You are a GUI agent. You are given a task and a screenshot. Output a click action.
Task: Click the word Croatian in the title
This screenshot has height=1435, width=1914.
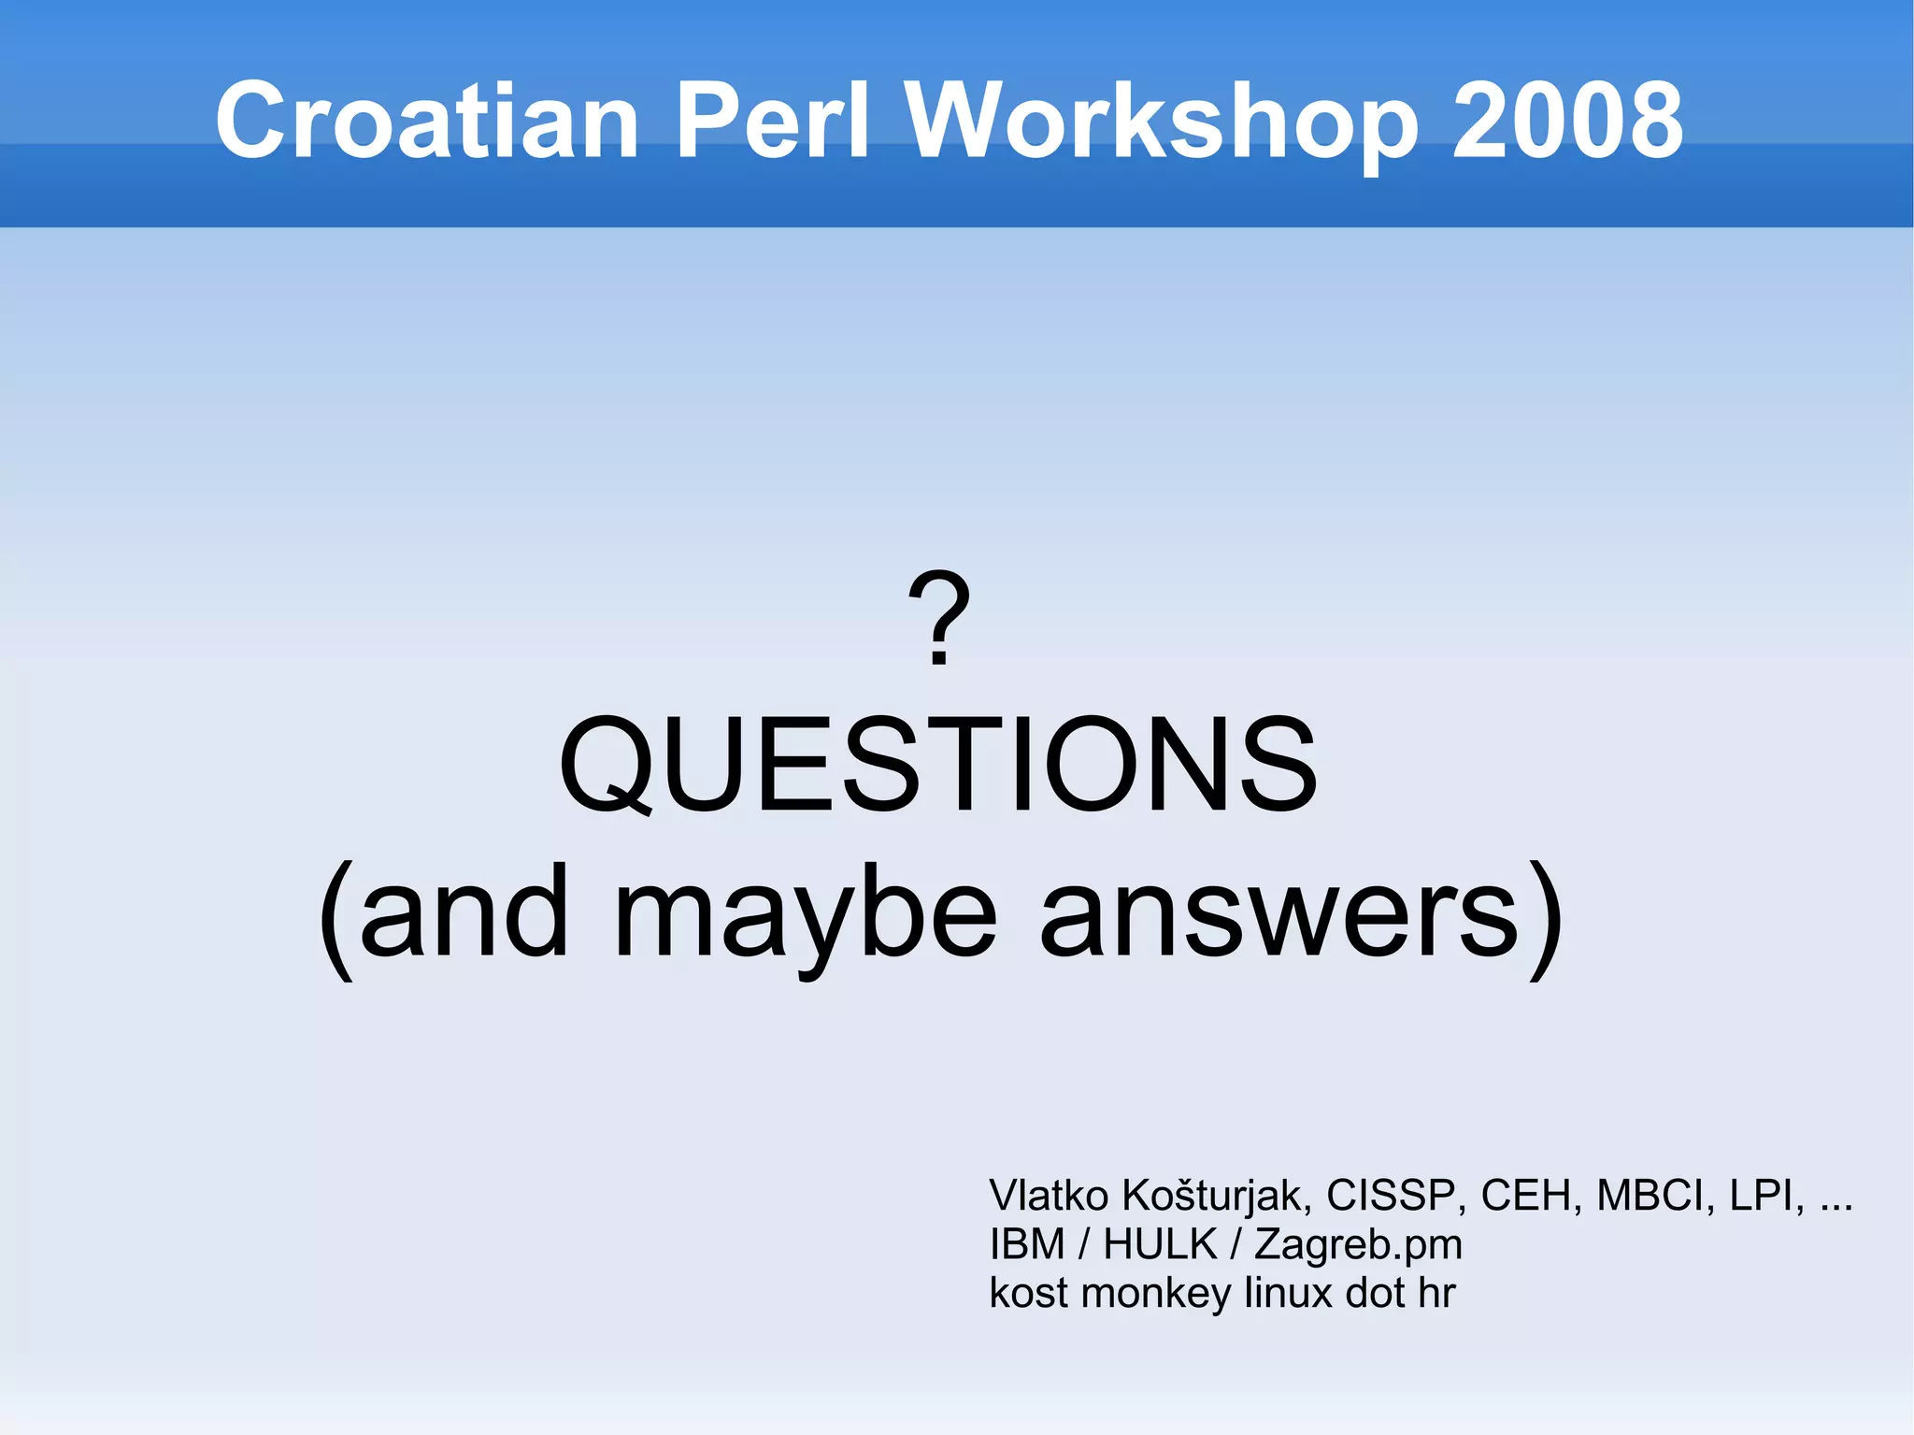coord(427,121)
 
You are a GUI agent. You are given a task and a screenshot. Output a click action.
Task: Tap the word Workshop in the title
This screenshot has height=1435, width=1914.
coord(1163,121)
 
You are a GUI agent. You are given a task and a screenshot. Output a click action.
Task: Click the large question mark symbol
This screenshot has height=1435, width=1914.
coord(939,619)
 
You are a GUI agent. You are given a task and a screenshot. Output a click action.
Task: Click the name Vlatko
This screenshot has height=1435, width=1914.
coord(1049,1196)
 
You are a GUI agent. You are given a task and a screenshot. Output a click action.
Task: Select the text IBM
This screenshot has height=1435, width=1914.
coord(1026,1244)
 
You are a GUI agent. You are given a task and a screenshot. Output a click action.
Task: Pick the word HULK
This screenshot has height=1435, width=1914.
coord(1160,1244)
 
